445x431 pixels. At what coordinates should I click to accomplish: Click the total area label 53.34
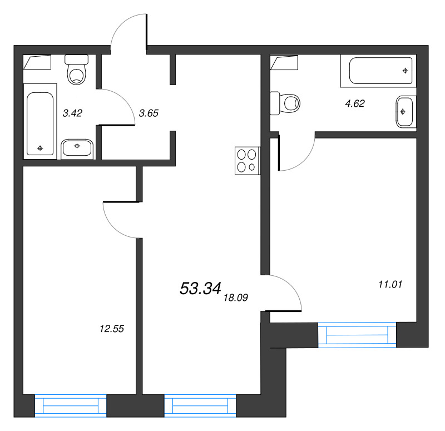coord(200,288)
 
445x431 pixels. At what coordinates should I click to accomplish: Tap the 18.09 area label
coord(236,298)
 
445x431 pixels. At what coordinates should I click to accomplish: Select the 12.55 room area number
coord(112,329)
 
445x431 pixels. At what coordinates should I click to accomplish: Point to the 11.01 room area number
coord(390,284)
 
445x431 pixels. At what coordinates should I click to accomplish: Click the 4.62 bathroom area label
coord(355,103)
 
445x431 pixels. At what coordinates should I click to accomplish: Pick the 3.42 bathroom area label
coord(72,113)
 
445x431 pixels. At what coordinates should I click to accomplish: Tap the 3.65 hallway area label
coord(149,113)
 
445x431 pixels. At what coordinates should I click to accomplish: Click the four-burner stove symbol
coord(248,161)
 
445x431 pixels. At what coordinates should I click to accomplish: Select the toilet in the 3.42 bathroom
coord(77,70)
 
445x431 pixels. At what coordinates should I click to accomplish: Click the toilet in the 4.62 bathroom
coord(285,103)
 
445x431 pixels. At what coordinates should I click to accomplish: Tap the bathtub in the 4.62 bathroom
coord(379,71)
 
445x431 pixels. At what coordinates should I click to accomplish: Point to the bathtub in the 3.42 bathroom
coord(40,121)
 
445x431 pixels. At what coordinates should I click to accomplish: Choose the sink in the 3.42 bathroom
coord(77,148)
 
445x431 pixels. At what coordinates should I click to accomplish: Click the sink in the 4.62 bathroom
coord(406,112)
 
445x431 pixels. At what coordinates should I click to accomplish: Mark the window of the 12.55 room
coord(71,405)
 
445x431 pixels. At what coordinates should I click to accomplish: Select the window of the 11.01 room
coord(357,335)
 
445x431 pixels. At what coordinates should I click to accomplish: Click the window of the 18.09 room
coord(200,405)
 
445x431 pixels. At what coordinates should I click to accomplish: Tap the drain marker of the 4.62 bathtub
coord(406,71)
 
